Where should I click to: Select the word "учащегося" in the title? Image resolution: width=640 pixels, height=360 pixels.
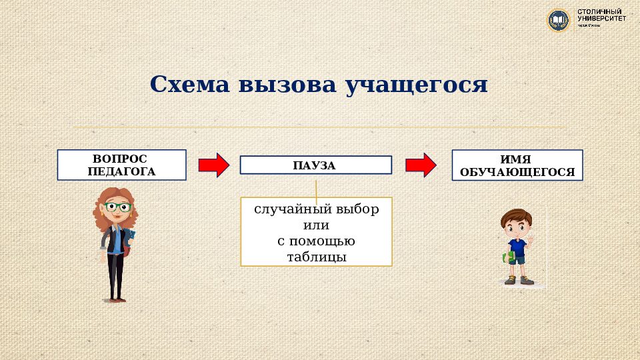point(417,85)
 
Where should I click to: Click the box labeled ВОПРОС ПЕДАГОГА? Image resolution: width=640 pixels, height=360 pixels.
point(121,165)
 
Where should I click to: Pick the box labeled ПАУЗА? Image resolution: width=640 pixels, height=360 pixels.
point(315,165)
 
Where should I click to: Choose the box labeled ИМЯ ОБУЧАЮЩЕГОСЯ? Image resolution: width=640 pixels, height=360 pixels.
point(517,165)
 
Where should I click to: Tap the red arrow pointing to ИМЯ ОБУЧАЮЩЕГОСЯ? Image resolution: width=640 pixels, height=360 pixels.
point(421,165)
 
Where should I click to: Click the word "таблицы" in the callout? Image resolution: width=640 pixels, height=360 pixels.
point(317,257)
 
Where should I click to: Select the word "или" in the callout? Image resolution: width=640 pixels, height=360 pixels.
point(317,225)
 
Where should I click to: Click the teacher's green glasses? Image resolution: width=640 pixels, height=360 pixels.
point(118,207)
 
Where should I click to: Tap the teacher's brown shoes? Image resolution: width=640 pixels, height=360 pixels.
point(116,299)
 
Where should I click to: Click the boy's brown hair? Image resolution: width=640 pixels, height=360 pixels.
point(515,218)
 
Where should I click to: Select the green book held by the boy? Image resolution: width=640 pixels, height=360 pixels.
point(507,257)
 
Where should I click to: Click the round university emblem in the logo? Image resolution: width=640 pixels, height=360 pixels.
point(558,19)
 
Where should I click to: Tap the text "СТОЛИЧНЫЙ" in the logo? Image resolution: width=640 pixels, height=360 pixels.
point(599,12)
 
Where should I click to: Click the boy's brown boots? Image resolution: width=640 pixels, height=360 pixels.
point(519,281)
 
